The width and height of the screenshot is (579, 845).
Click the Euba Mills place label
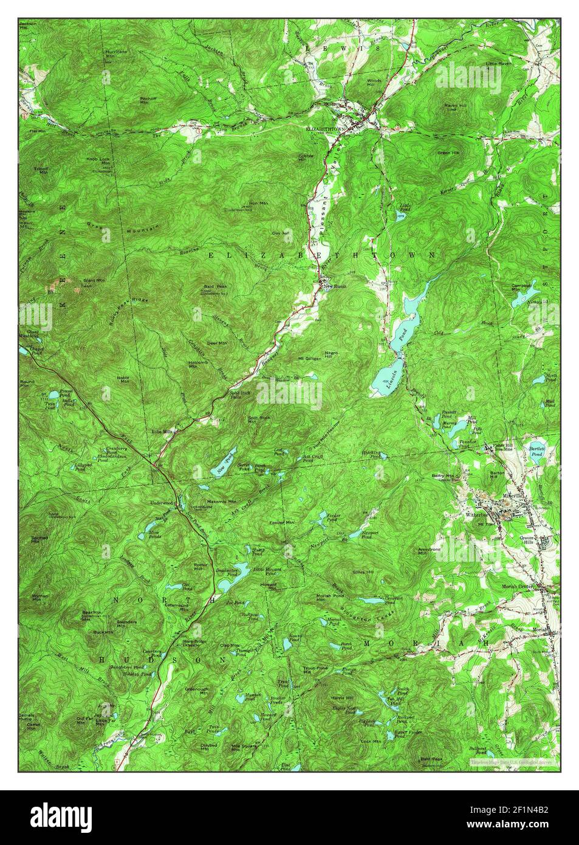[x=163, y=432]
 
